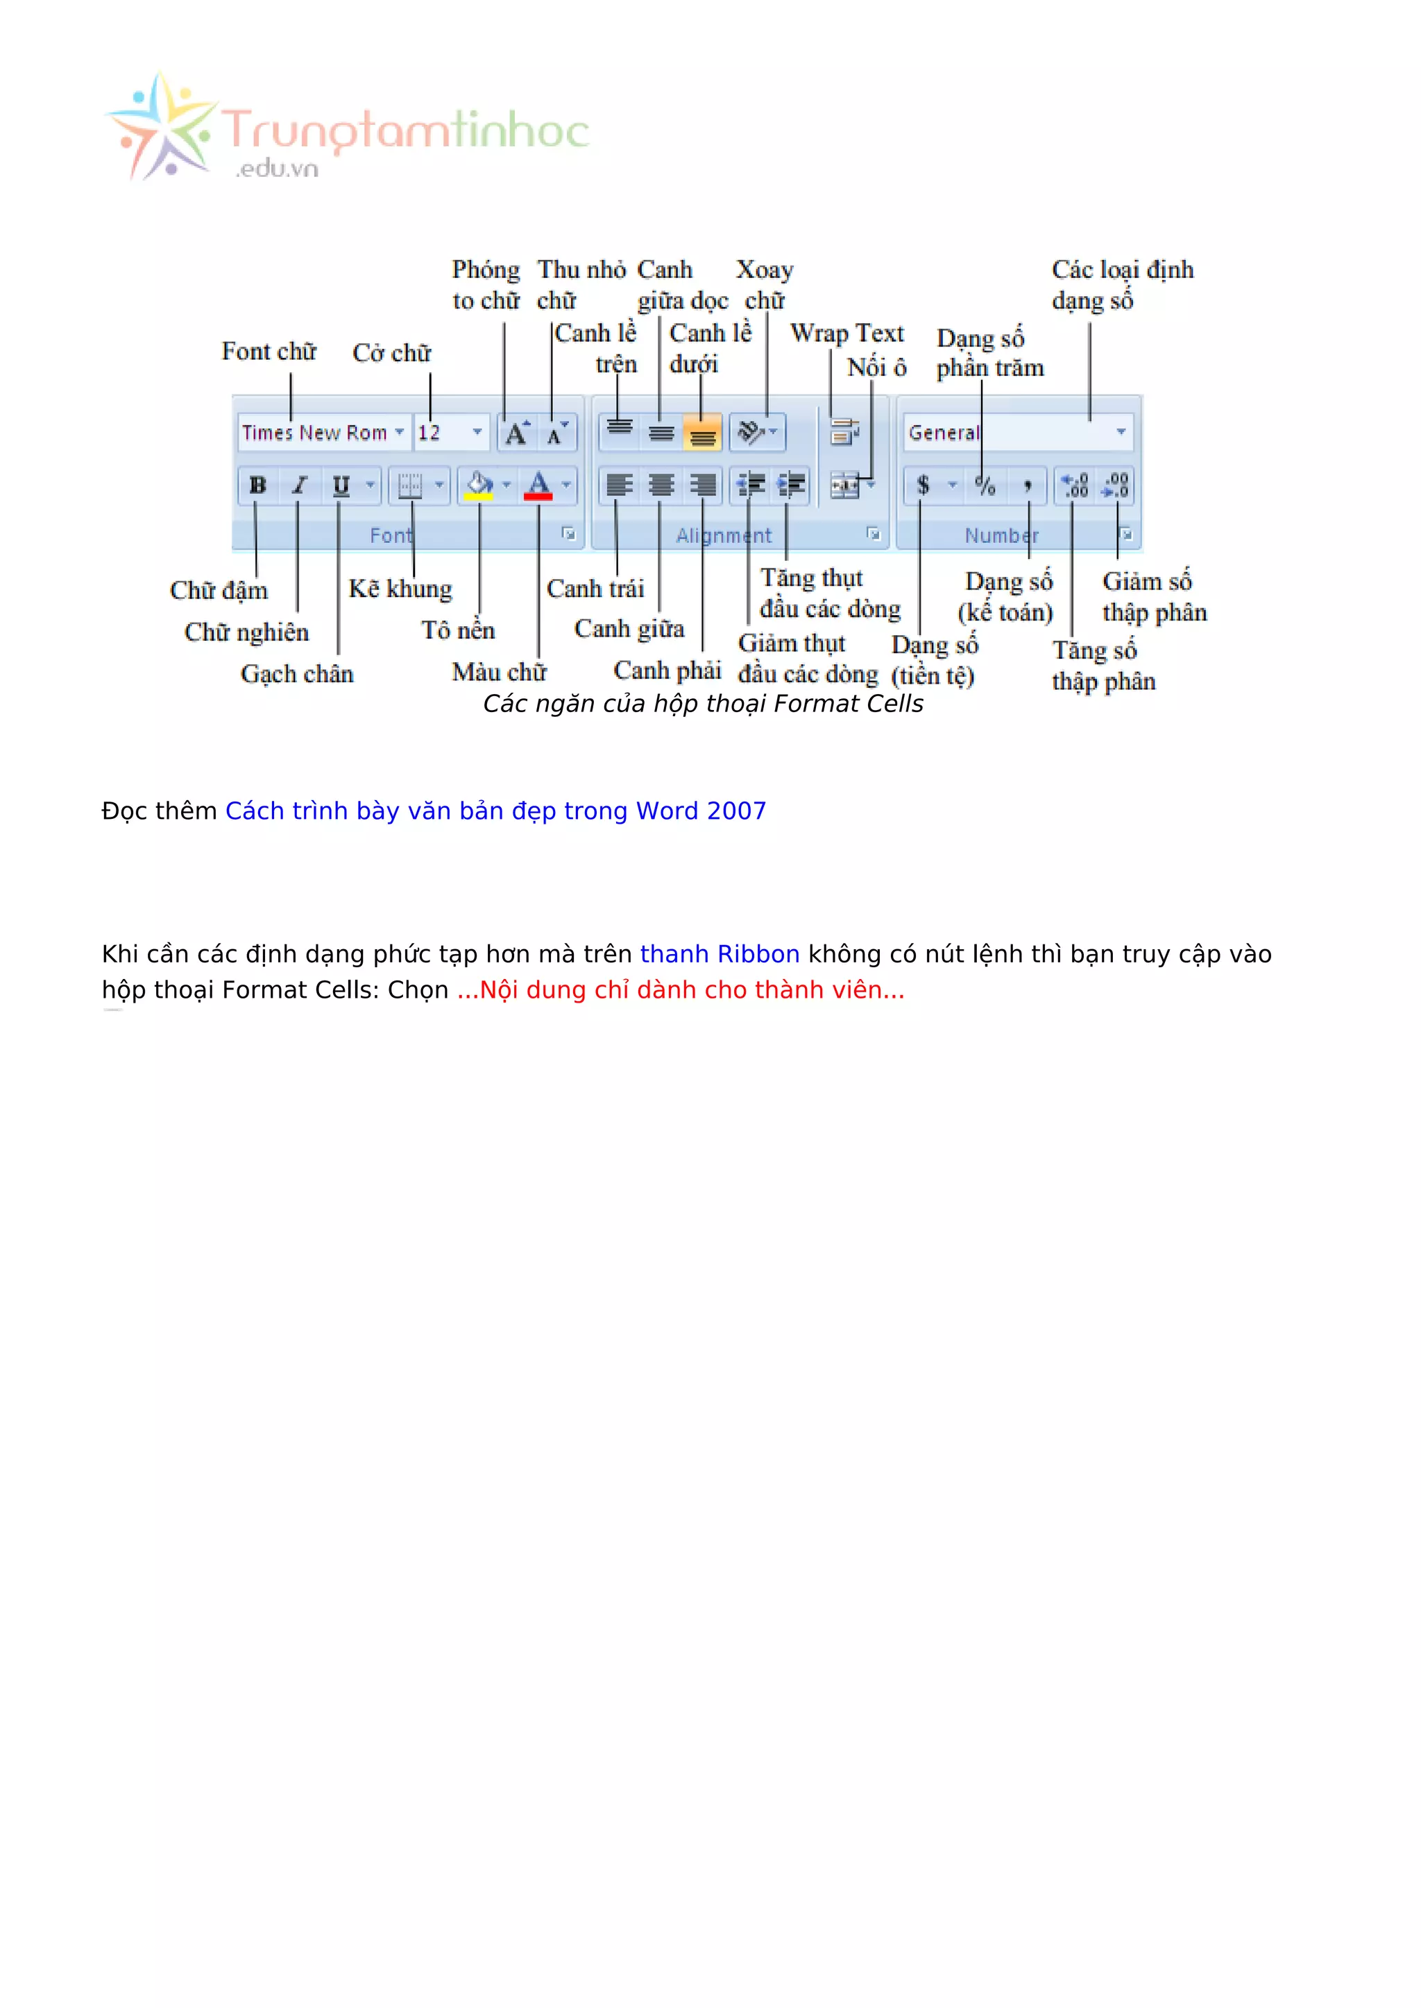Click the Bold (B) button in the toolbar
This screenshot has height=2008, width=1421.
pyautogui.click(x=258, y=485)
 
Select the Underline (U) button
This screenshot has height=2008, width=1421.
pyautogui.click(x=341, y=485)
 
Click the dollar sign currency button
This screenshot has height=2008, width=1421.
pyautogui.click(x=922, y=485)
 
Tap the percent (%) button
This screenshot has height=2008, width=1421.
pyautogui.click(x=985, y=485)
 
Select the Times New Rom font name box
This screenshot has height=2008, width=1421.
pyautogui.click(x=315, y=433)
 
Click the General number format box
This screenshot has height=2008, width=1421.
pyautogui.click(x=1006, y=433)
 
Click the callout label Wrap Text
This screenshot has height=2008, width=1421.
pyautogui.click(x=847, y=334)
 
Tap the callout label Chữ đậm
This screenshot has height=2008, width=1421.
pyautogui.click(x=219, y=590)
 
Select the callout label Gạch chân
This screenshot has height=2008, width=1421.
pyautogui.click(x=297, y=673)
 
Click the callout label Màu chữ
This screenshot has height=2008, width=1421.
pyautogui.click(x=499, y=672)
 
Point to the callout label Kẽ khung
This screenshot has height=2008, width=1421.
pyautogui.click(x=400, y=589)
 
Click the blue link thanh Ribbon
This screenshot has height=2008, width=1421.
pyautogui.click(x=720, y=953)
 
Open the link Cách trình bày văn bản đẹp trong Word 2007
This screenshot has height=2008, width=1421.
pyautogui.click(x=495, y=811)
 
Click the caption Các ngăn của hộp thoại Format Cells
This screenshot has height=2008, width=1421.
pyautogui.click(x=703, y=704)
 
